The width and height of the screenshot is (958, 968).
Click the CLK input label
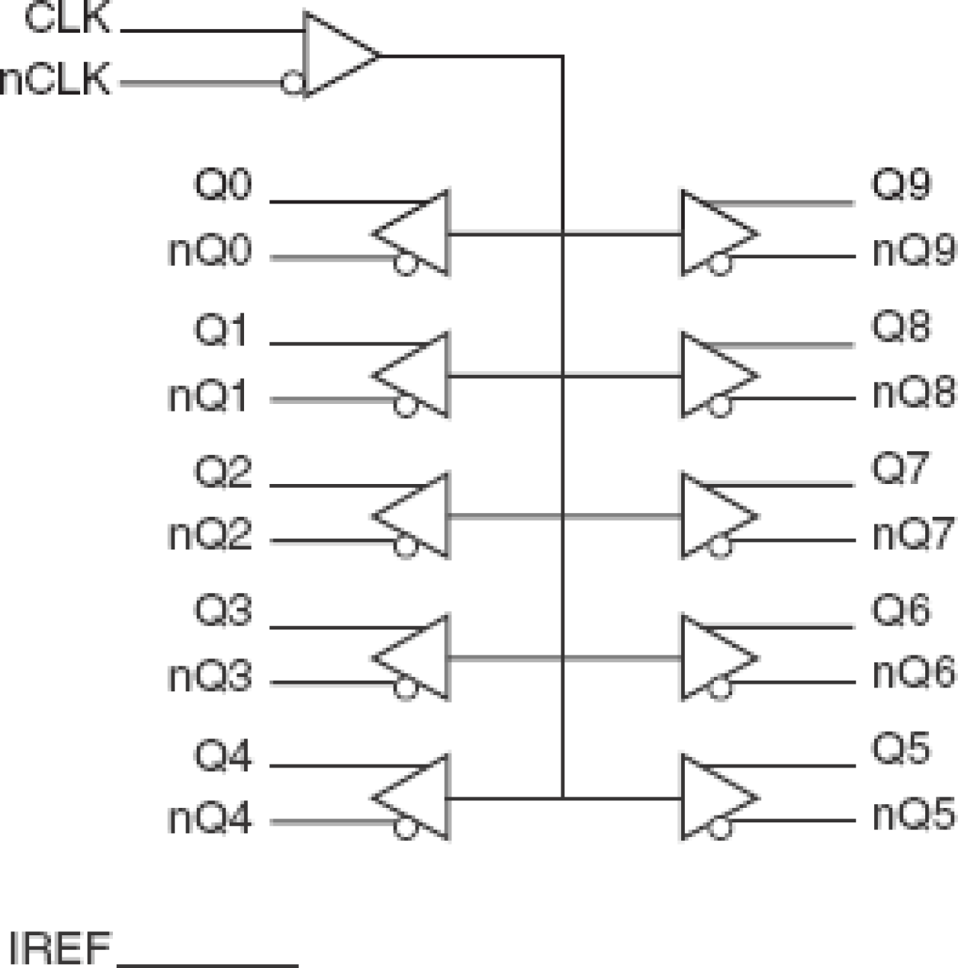coord(67,18)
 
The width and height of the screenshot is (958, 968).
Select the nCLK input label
coord(55,80)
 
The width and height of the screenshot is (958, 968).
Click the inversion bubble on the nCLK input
coord(292,82)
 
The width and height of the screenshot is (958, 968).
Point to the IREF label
coord(59,949)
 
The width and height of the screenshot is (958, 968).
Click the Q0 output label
coord(222,185)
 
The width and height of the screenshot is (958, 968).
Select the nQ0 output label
coord(210,251)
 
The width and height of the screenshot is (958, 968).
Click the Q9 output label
coord(901,184)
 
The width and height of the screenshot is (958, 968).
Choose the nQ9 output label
coord(913,251)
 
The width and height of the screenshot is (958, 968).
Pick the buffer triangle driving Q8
coord(712,375)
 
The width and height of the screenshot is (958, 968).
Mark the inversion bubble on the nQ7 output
coord(719,546)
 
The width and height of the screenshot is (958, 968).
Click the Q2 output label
coord(222,472)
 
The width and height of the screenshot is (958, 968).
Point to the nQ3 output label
coord(210,677)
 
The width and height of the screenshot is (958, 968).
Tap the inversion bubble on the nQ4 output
coord(406,828)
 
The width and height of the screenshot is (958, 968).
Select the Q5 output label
coord(901,748)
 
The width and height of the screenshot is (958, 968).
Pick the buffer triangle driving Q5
coord(712,798)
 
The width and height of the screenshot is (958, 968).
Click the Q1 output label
coord(220,331)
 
